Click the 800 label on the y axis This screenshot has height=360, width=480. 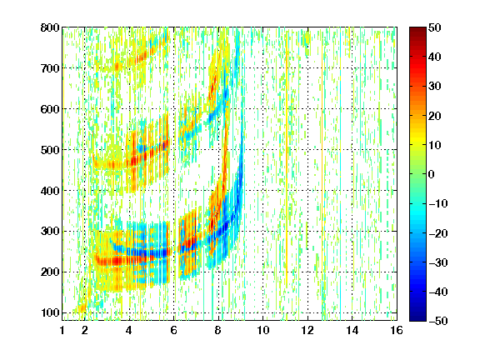50,27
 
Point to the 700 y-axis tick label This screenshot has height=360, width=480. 50,68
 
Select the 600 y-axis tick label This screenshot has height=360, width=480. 50,109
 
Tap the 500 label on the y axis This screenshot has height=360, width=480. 50,150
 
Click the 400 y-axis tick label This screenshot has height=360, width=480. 50,191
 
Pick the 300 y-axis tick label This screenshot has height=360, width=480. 50,232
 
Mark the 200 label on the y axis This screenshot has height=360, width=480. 50,272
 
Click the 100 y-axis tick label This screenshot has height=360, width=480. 50,312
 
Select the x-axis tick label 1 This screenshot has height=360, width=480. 62,330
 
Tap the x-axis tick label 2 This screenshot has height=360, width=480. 85,330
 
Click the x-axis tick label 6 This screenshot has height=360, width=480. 174,330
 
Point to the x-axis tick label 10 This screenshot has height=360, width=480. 263,330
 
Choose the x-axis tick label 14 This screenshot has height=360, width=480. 352,330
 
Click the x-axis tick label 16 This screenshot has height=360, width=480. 397,330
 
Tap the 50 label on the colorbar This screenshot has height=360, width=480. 435,27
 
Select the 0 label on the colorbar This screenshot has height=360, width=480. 432,174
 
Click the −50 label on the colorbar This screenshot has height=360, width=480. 438,321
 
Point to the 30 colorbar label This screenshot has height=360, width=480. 435,87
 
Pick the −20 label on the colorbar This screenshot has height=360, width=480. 438,233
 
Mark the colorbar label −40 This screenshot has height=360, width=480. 438,292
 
